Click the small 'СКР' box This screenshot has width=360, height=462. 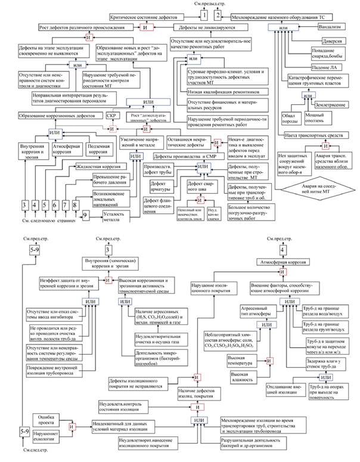(111, 115)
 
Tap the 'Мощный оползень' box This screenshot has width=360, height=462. (316, 117)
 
